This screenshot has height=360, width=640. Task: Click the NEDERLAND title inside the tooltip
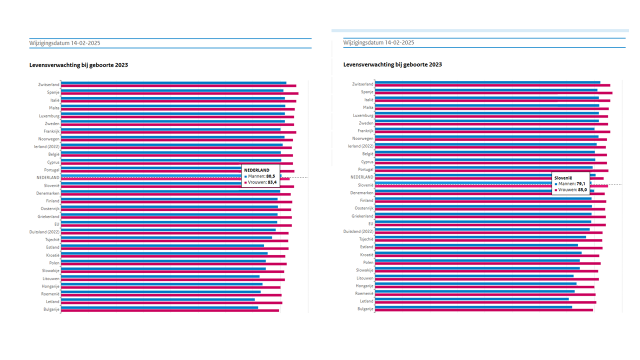coord(256,170)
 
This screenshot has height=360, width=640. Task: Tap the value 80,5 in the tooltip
coord(270,176)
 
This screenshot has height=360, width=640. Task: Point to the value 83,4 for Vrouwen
coord(272,182)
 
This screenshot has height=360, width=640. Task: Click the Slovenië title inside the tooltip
coord(563,177)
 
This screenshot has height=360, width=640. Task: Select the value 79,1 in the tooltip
coord(581,183)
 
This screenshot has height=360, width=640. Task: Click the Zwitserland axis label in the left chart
coord(48,84)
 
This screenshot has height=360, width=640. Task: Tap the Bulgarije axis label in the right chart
coord(365,309)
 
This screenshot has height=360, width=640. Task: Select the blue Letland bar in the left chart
coord(157,299)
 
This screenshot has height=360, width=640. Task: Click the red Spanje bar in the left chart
coord(179,93)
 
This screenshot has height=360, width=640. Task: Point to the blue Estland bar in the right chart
coord(476,245)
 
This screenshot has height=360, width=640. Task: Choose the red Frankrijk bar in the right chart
coord(492,132)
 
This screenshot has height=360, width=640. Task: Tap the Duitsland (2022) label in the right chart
coord(358,231)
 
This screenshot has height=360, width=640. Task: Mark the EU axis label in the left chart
coord(56,224)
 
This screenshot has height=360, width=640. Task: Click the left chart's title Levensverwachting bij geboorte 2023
coord(78,65)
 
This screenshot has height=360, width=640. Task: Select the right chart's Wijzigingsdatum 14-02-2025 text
coord(378,42)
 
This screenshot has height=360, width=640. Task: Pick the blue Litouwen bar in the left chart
coord(160,276)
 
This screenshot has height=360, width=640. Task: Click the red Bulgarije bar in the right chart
coord(483,310)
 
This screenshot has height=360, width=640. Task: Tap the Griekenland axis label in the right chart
coord(362,216)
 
